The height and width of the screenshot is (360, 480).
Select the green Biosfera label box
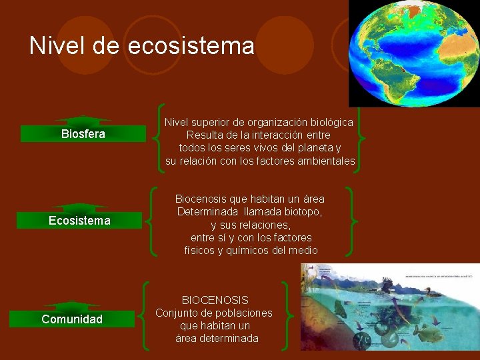83,134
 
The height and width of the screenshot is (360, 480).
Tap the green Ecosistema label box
79,221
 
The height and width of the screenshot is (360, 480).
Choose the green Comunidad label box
72,319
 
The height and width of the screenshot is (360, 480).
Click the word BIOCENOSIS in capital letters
215,301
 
